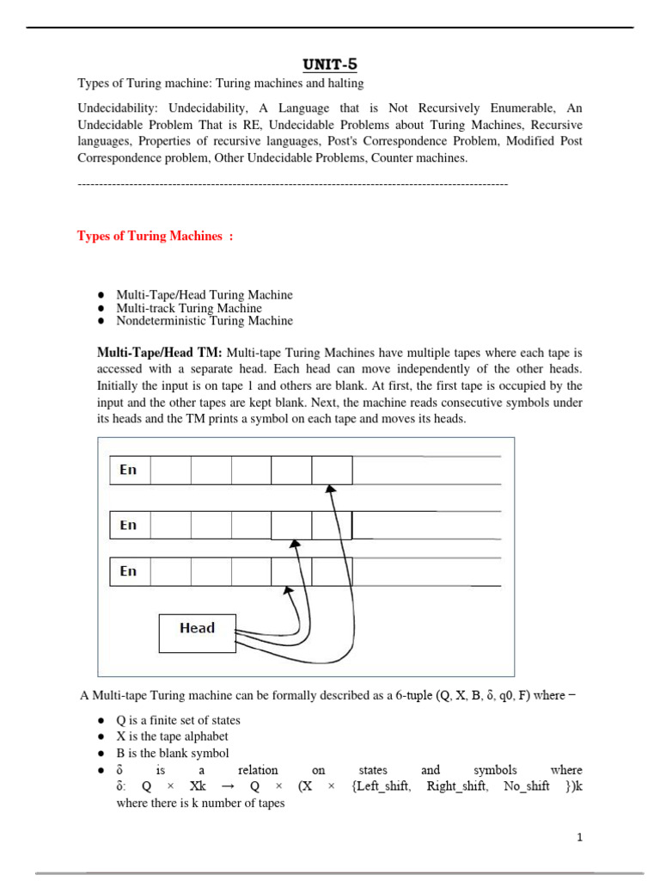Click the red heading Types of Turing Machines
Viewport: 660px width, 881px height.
(x=155, y=236)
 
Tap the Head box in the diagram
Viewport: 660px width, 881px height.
(x=197, y=628)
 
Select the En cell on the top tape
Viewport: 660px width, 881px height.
(x=129, y=470)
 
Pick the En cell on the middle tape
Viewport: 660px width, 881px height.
(x=129, y=525)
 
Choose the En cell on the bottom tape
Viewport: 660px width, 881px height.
(x=129, y=571)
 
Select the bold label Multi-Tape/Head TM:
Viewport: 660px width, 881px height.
(x=160, y=353)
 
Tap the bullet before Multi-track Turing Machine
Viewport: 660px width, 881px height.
(x=101, y=308)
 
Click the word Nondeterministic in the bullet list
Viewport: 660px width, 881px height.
(x=159, y=321)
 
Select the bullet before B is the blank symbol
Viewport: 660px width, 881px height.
(x=101, y=754)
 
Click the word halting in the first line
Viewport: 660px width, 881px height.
(x=344, y=83)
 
